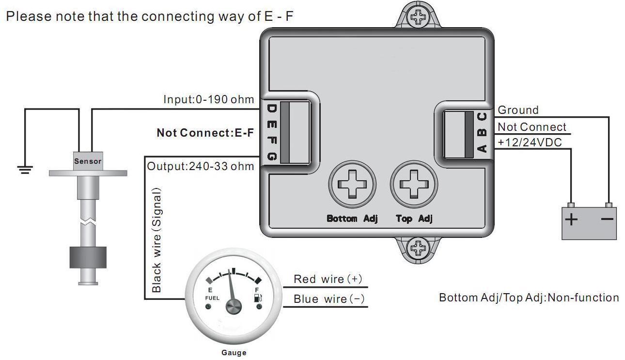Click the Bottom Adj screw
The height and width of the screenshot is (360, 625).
(x=352, y=184)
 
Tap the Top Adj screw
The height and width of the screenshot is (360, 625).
(x=414, y=184)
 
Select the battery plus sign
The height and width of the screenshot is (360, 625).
(x=572, y=219)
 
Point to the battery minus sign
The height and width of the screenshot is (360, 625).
(x=607, y=219)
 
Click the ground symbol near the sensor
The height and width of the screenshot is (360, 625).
(x=25, y=169)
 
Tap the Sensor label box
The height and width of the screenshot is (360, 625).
(x=88, y=161)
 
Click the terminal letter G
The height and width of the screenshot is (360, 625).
(x=271, y=157)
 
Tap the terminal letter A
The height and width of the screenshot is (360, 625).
(x=482, y=148)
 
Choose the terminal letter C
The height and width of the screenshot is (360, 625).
(x=482, y=117)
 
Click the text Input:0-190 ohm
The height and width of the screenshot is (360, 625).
(x=208, y=100)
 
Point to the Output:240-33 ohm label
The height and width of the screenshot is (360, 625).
(x=200, y=166)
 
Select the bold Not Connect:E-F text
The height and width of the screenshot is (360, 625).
(x=205, y=133)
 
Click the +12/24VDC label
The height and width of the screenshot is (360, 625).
(x=531, y=142)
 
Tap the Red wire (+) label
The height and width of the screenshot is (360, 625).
(x=328, y=279)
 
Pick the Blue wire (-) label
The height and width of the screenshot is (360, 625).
(x=329, y=299)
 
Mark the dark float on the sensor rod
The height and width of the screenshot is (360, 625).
(x=88, y=257)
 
